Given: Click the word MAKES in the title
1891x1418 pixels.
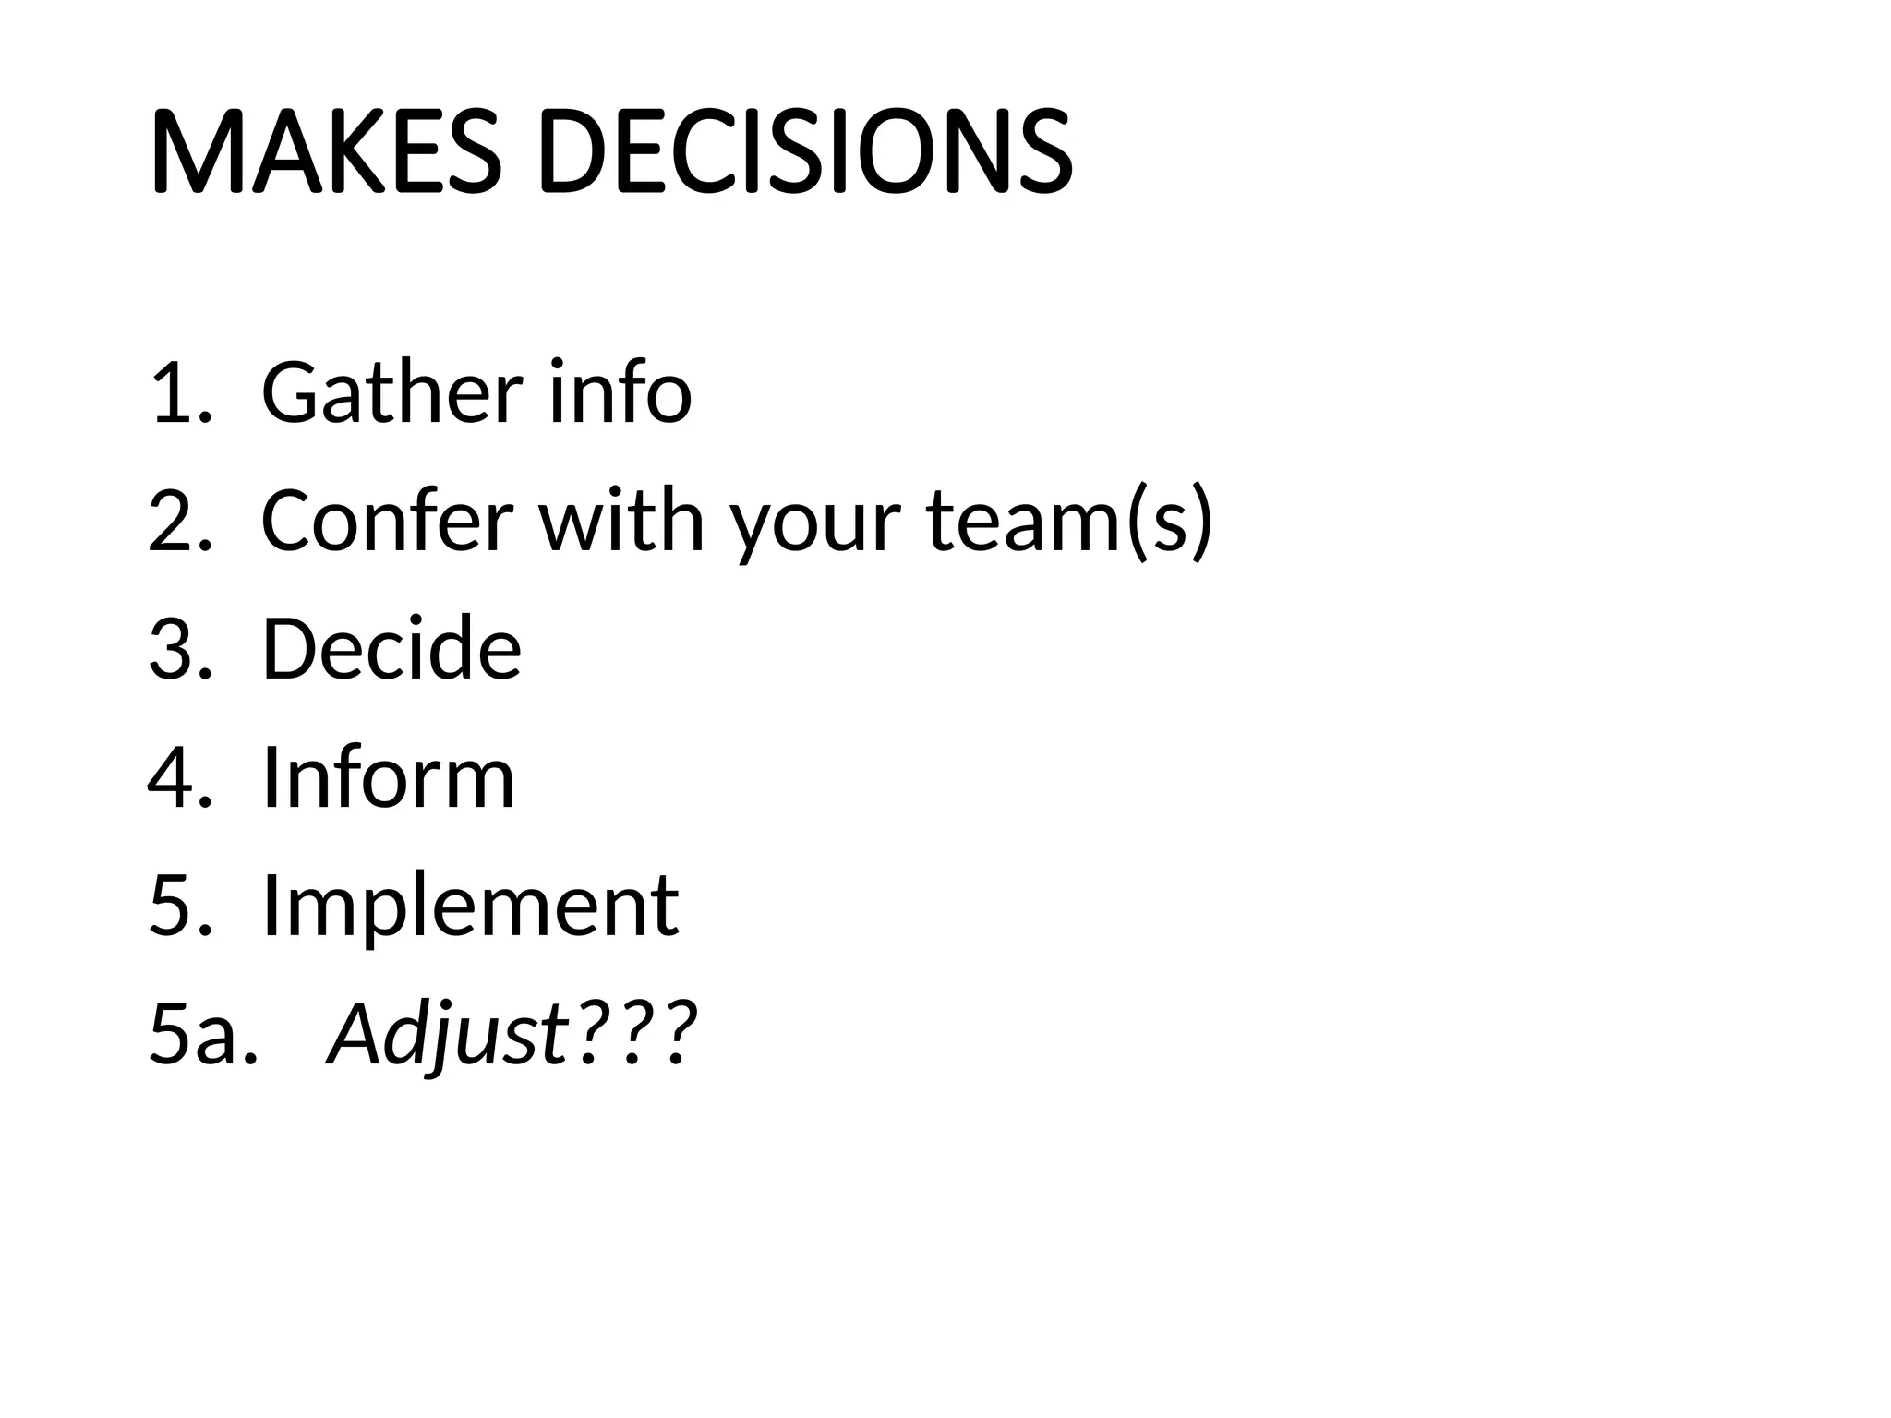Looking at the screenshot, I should pos(325,152).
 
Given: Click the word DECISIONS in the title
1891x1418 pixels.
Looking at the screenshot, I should pos(804,152).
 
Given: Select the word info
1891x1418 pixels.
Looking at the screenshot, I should pos(620,392).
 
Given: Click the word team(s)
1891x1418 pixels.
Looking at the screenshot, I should pos(1068,522).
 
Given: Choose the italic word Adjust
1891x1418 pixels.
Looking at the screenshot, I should pos(447,1034).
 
